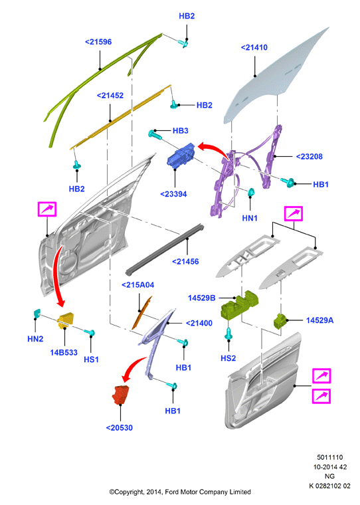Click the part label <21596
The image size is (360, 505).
pyautogui.click(x=98, y=42)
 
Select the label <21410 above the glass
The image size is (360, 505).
pyautogui.click(x=254, y=48)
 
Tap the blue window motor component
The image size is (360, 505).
pyautogui.click(x=181, y=155)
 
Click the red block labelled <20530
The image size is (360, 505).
pyautogui.click(x=120, y=394)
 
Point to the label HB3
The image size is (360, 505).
pyautogui.click(x=180, y=131)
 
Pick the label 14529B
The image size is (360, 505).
pyautogui.click(x=201, y=298)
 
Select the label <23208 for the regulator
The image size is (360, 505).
pyautogui.click(x=309, y=157)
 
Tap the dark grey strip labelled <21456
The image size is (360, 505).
pyautogui.click(x=165, y=251)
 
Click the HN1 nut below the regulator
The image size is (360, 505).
pyautogui.click(x=251, y=192)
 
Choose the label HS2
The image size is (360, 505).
pyautogui.click(x=228, y=358)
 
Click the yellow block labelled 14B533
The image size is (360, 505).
pyautogui.click(x=66, y=320)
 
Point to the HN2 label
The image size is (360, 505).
pyautogui.click(x=35, y=339)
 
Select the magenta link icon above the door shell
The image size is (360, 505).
pyautogui.click(x=47, y=209)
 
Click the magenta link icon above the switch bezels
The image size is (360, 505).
pyautogui.click(x=294, y=213)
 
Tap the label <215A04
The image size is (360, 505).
pyautogui.click(x=137, y=285)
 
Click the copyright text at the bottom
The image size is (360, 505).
pyautogui.click(x=180, y=492)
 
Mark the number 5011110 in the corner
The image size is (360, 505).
pyautogui.click(x=329, y=457)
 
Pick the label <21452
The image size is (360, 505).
pyautogui.click(x=110, y=96)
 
